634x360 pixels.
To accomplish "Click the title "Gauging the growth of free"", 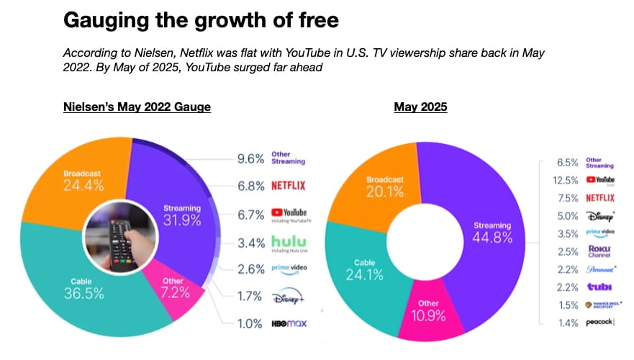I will [x=201, y=20].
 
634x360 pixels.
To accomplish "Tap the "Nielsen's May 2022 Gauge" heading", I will [x=137, y=107].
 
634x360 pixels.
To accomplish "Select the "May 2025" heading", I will [x=420, y=107].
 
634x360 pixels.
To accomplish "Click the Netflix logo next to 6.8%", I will [x=288, y=185].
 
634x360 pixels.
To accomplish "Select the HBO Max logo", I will [x=289, y=323].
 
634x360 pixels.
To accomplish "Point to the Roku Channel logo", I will [x=600, y=252].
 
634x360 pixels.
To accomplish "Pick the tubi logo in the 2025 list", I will [x=599, y=287].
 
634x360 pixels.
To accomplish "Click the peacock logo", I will [x=599, y=322].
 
